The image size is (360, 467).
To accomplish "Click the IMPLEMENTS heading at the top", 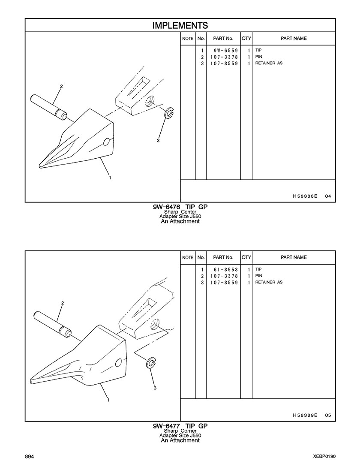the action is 180,25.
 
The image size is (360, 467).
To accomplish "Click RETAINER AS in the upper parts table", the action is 269,63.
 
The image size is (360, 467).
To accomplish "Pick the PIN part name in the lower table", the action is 259,276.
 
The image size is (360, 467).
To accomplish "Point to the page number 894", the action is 30,457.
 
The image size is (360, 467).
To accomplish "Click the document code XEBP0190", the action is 324,457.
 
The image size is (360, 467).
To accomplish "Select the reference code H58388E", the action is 305,196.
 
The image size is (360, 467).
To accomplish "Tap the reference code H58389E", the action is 305,415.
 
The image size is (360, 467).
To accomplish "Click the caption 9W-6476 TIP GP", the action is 180,207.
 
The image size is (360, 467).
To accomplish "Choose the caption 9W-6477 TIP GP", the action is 180,426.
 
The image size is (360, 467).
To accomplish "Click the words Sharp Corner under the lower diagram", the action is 180,431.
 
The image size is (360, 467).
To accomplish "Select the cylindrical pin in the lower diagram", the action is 52,324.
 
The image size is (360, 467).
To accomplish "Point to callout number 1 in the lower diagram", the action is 108,400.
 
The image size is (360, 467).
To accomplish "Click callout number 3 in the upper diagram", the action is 158,140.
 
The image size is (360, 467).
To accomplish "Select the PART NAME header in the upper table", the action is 294,39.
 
